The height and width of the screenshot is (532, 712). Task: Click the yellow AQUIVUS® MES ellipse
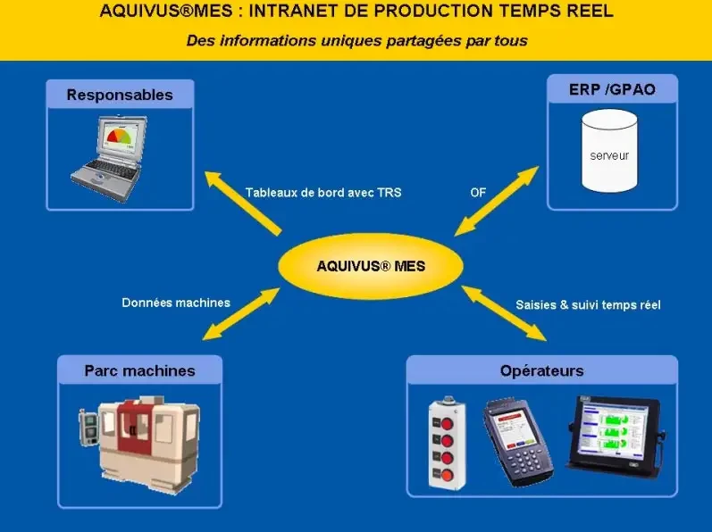pyautogui.click(x=371, y=266)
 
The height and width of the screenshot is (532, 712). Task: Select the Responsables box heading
pyautogui.click(x=120, y=95)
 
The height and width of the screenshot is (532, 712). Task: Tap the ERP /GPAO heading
pyautogui.click(x=612, y=89)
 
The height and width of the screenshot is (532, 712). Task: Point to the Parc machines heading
pyautogui.click(x=140, y=370)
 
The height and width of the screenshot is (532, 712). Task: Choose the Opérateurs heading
pyautogui.click(x=541, y=370)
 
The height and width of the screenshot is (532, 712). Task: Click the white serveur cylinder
pyautogui.click(x=609, y=151)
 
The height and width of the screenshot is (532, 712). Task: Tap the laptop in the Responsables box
pyautogui.click(x=109, y=158)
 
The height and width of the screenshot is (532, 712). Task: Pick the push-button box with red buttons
pyautogui.click(x=447, y=443)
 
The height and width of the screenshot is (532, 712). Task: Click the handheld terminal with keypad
pyautogui.click(x=517, y=442)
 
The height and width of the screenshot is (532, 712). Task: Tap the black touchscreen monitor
pyautogui.click(x=616, y=436)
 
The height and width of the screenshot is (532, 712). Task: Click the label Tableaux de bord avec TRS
pyautogui.click(x=323, y=193)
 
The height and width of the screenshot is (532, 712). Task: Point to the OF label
pyautogui.click(x=478, y=193)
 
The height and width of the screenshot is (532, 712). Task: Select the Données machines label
pyautogui.click(x=176, y=303)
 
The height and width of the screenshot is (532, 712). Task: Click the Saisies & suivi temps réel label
pyautogui.click(x=588, y=304)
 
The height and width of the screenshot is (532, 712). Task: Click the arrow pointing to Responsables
pyautogui.click(x=243, y=203)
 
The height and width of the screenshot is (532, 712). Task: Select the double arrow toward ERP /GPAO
pyautogui.click(x=497, y=201)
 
